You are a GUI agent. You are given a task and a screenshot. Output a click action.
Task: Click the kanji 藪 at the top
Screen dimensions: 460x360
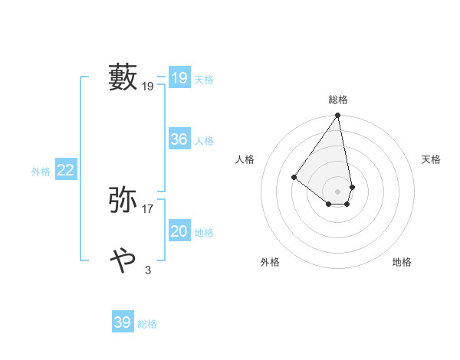click(123, 78)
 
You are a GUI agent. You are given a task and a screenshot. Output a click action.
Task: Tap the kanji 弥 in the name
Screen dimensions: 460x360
click(123, 199)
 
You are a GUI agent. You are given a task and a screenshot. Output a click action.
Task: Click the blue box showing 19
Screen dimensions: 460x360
click(179, 78)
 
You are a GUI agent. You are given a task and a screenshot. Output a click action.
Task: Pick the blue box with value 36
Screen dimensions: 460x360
click(179, 139)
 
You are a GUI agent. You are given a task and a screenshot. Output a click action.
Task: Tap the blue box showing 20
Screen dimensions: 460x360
click(179, 231)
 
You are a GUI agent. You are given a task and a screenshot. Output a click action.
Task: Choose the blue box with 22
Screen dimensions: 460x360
click(65, 171)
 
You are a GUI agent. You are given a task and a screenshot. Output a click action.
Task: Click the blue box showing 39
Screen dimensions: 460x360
click(122, 322)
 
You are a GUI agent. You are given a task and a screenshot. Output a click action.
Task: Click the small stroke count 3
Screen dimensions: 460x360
click(148, 270)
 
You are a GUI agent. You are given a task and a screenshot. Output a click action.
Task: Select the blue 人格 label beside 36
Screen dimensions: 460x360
click(204, 141)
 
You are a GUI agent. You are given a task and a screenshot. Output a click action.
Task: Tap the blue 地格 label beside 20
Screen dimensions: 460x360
click(204, 233)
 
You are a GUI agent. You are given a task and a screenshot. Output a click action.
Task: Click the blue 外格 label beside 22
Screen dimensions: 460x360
click(41, 172)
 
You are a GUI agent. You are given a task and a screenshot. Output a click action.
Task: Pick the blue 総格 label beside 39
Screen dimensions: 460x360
click(147, 324)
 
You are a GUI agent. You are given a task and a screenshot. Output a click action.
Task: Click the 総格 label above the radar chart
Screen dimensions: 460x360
click(338, 100)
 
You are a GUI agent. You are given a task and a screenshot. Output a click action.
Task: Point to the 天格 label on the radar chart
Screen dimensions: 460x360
click(432, 159)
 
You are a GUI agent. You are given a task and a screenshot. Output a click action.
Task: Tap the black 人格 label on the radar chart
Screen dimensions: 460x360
click(245, 159)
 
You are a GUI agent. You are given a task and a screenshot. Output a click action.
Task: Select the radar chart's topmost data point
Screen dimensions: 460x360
click(338, 116)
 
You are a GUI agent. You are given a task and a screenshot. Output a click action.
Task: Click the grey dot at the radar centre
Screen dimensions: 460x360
click(338, 191)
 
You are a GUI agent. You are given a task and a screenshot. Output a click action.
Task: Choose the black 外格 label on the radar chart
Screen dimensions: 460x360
click(270, 262)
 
